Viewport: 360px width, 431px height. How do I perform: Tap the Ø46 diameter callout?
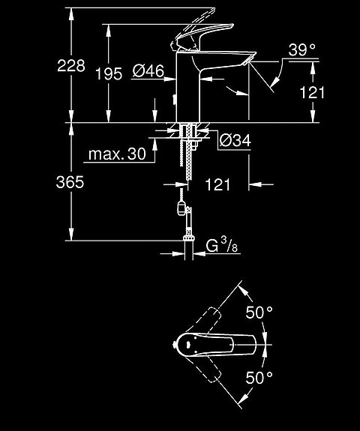(x=148, y=72)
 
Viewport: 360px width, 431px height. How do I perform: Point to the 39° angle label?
(x=302, y=51)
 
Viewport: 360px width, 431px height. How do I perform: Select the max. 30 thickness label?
(x=117, y=154)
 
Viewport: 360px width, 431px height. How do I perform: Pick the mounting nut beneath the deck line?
(x=187, y=133)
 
